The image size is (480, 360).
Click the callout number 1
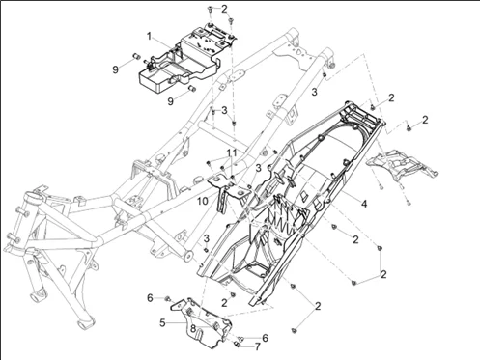click(x=149, y=37)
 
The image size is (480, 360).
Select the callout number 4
click(x=364, y=204)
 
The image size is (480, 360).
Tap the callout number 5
click(x=162, y=322)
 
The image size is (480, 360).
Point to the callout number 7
click(x=258, y=346)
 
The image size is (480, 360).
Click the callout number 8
click(x=193, y=328)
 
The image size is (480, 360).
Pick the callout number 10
click(x=203, y=201)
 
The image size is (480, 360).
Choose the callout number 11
click(x=232, y=152)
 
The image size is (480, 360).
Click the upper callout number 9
click(x=116, y=69)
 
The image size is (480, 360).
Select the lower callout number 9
click(x=171, y=101)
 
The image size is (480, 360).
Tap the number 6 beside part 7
click(x=265, y=338)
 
